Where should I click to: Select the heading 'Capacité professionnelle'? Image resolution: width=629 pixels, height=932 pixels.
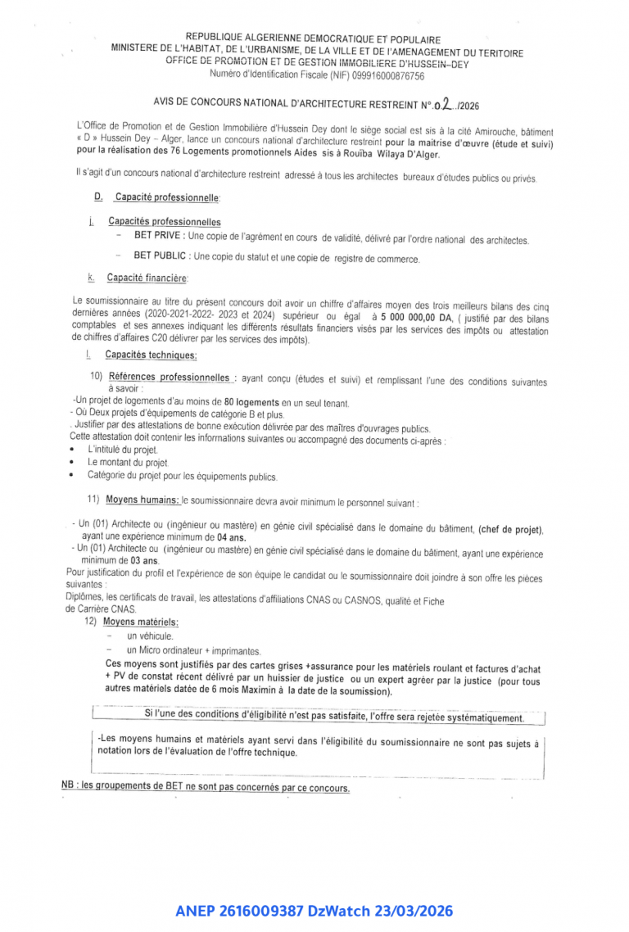point(167,197)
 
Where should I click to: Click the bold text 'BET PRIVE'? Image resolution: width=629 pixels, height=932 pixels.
point(159,237)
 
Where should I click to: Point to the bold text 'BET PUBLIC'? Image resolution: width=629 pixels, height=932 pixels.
point(161,256)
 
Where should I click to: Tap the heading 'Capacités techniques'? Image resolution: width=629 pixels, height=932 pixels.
point(151,355)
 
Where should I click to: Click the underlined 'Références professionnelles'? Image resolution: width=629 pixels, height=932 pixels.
point(169,378)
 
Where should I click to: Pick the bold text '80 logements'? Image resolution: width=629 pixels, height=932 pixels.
point(251,403)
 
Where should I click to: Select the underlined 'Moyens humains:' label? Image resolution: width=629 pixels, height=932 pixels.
point(143,500)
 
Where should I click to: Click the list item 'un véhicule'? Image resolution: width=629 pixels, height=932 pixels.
point(150,636)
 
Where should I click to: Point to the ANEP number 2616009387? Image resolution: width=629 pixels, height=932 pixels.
point(257,911)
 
